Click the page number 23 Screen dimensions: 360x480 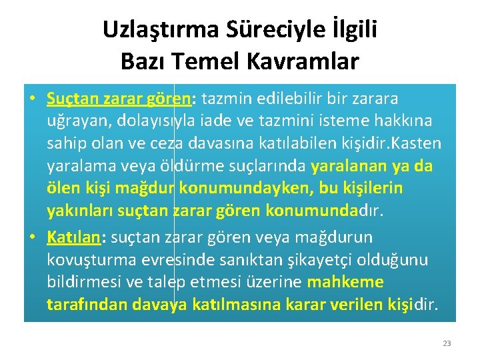click(x=447, y=343)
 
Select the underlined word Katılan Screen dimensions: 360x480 click(x=72, y=237)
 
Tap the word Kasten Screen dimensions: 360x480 click(x=419, y=143)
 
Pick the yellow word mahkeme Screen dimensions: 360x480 click(x=345, y=282)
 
